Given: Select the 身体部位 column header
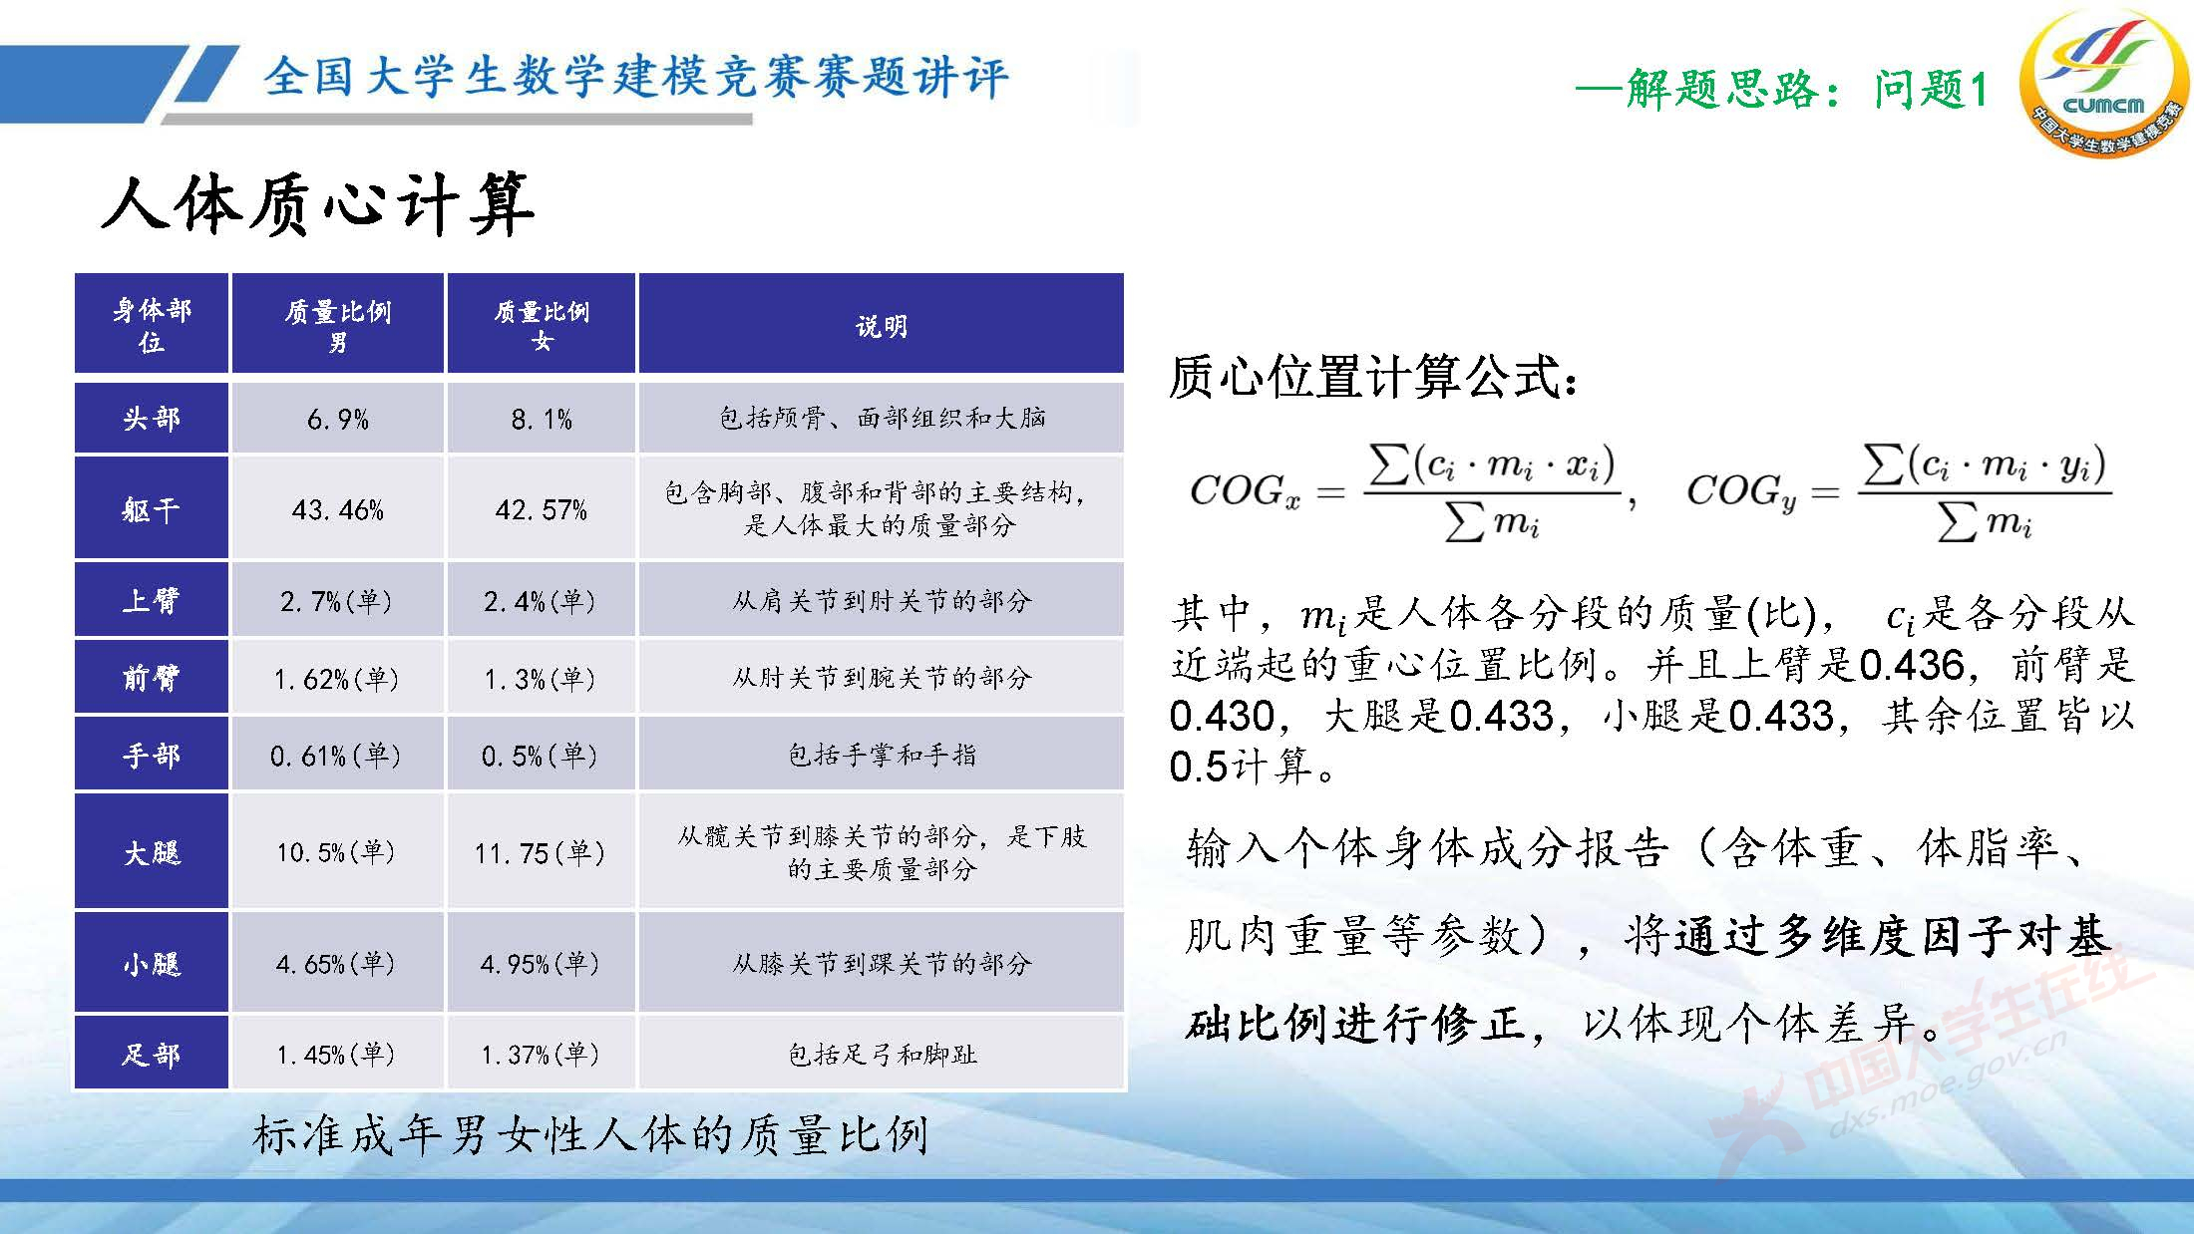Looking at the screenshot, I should tap(152, 325).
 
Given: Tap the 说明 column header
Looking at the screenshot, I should tap(882, 326).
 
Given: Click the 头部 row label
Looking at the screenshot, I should tap(152, 419).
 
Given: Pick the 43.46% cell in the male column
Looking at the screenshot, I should tap(338, 510).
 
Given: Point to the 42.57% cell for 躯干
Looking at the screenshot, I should tap(542, 510).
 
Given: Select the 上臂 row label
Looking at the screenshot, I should tap(152, 601).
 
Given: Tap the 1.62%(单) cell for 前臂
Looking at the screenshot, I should tap(337, 679).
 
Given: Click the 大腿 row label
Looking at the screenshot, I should tap(152, 853).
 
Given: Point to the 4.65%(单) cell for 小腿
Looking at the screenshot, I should tap(337, 964).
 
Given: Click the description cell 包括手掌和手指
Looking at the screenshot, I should tap(882, 756).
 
